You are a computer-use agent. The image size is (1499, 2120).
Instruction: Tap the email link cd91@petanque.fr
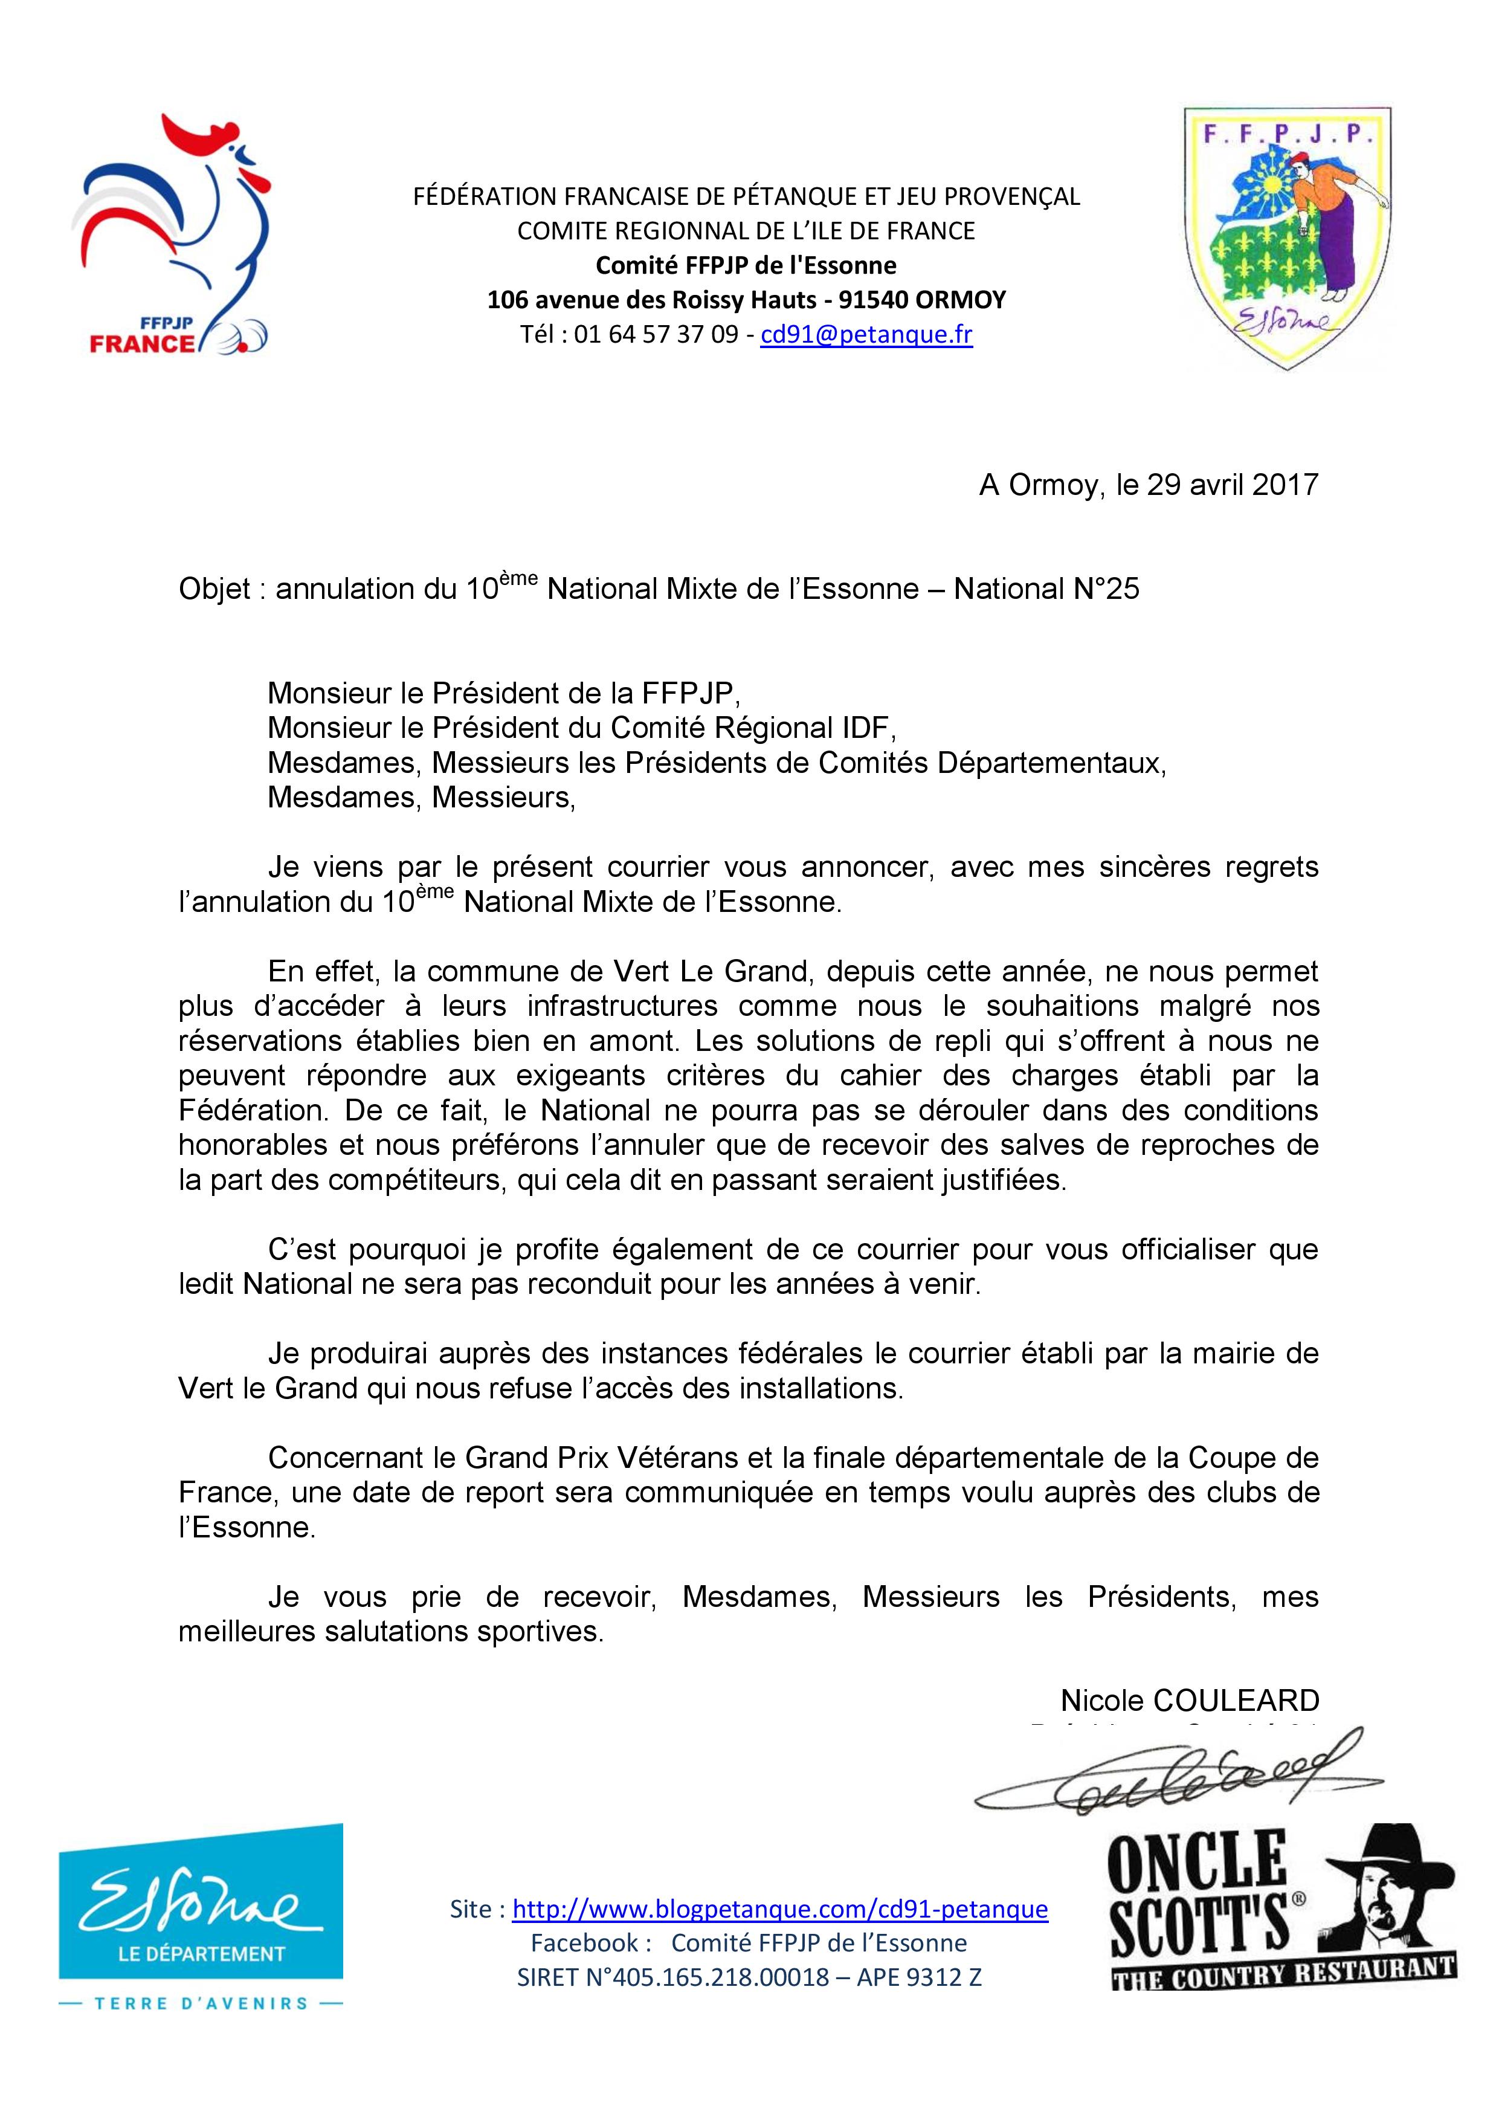[x=866, y=334]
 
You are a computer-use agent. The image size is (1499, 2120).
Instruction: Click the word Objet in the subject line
[x=214, y=589]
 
